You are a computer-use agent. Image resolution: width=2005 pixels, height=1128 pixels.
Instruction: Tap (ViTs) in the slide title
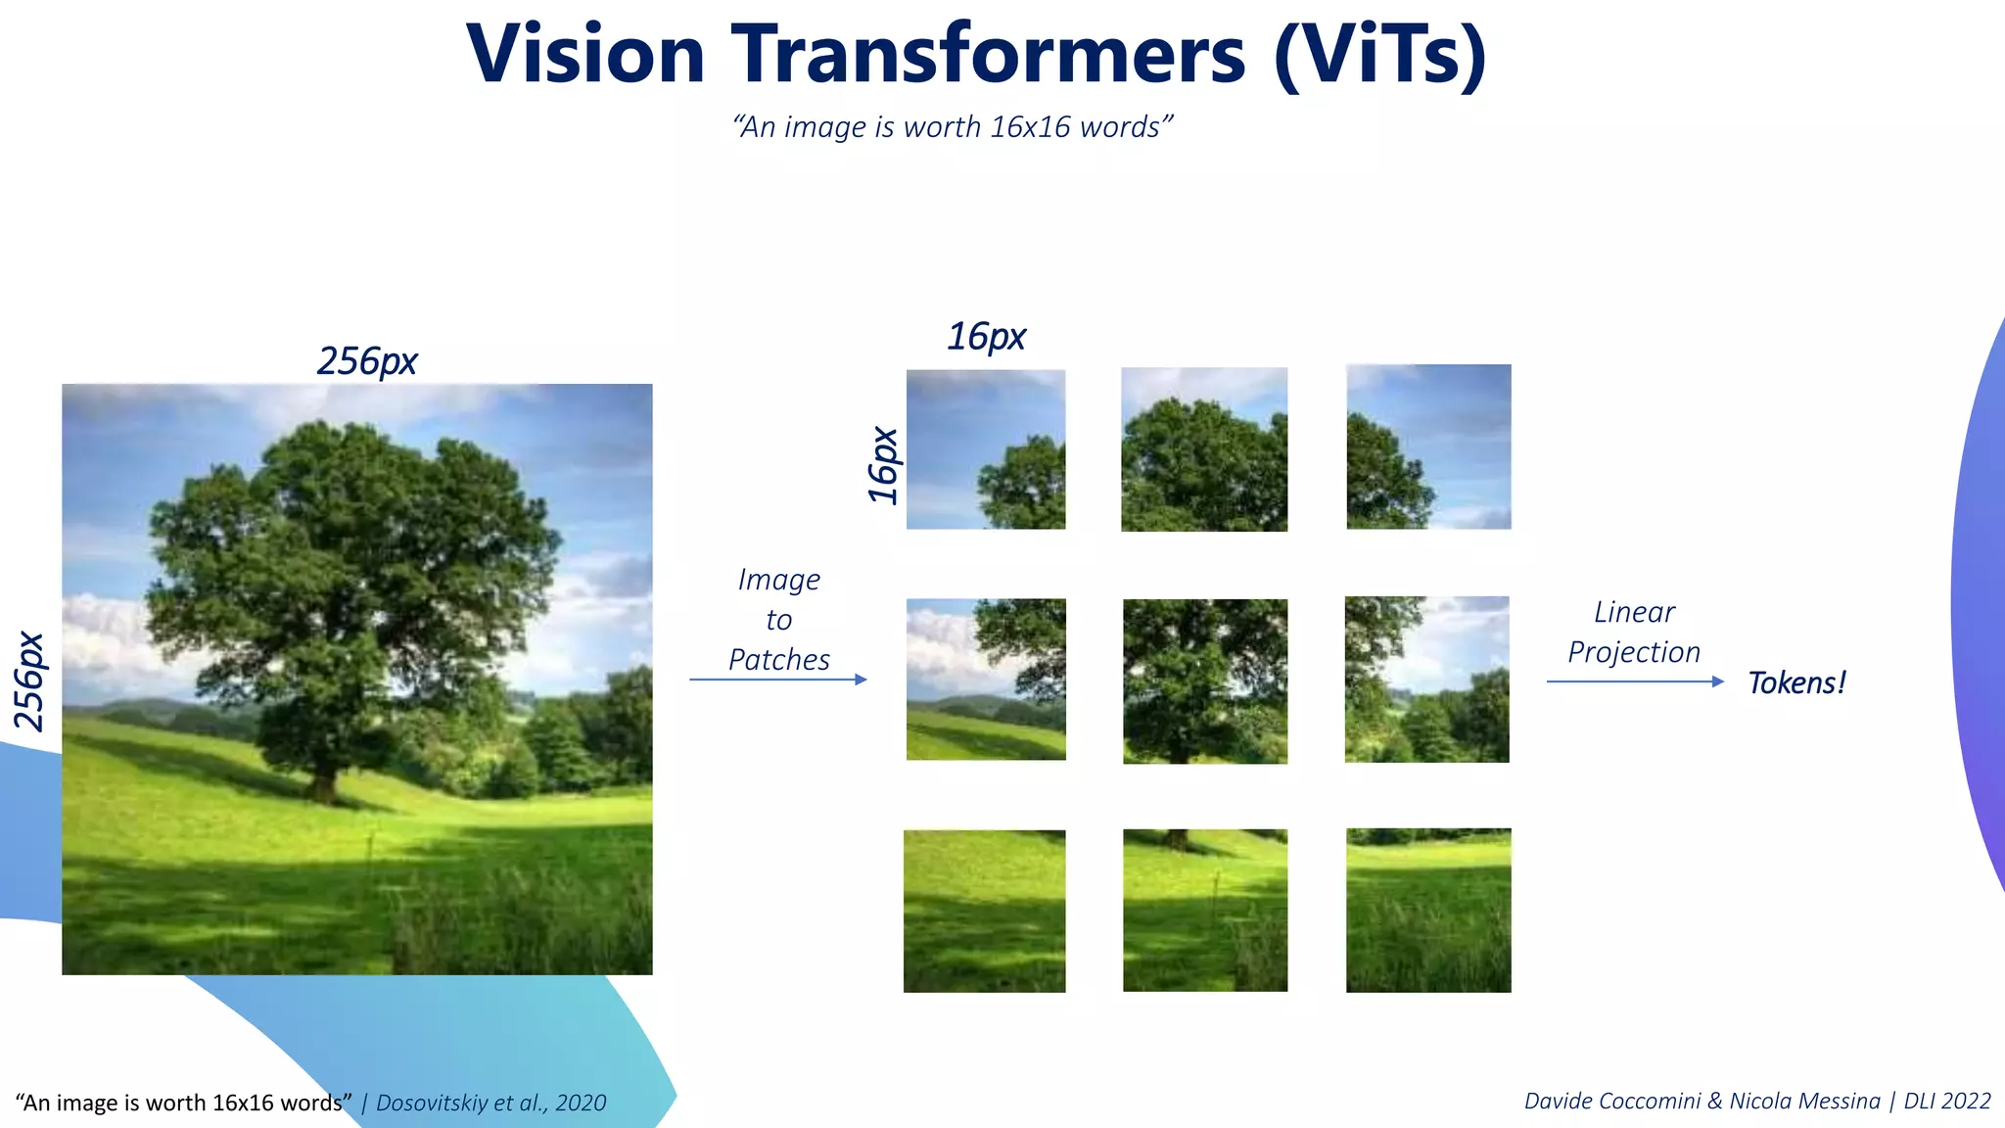click(1380, 56)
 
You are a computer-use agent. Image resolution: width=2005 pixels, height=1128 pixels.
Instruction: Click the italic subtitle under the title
click(952, 127)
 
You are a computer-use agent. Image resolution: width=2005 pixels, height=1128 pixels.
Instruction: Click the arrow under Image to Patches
click(778, 680)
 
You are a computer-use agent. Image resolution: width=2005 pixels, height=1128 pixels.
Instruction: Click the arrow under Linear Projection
click(1635, 681)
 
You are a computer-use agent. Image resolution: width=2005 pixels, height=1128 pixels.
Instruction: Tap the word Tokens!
click(1796, 682)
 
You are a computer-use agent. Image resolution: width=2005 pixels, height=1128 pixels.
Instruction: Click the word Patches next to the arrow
click(779, 660)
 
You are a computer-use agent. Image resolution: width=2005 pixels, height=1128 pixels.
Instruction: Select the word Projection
click(1634, 652)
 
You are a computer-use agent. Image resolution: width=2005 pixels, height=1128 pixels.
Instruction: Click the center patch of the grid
click(1205, 681)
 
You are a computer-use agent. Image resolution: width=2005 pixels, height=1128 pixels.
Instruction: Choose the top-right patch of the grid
click(1428, 447)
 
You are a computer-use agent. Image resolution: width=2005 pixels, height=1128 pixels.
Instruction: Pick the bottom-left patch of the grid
click(985, 912)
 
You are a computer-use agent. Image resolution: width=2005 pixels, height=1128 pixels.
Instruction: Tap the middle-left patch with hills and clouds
click(986, 680)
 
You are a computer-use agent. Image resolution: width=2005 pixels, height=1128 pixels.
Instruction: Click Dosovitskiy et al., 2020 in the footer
click(491, 1104)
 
